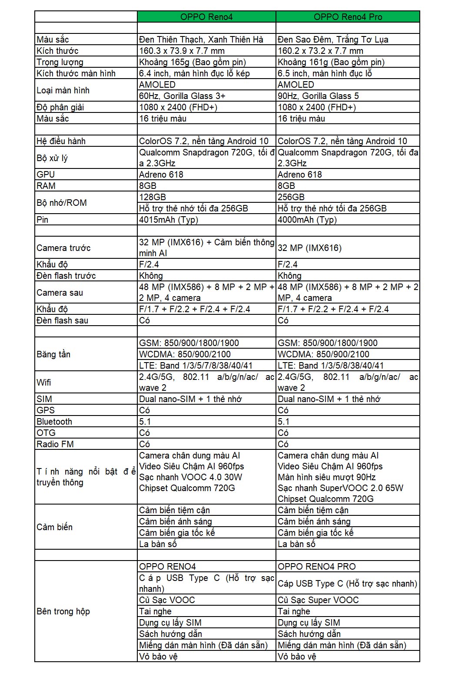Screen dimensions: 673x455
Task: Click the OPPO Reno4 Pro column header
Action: pyautogui.click(x=348, y=17)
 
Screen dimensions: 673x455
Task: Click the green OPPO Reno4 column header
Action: pyautogui.click(x=206, y=17)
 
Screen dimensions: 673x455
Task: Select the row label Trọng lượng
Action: pyautogui.click(x=60, y=62)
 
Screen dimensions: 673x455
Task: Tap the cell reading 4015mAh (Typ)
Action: pyautogui.click(x=169, y=220)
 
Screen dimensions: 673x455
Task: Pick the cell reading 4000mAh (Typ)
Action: pyautogui.click(x=307, y=220)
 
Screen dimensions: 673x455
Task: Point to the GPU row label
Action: pyautogui.click(x=46, y=175)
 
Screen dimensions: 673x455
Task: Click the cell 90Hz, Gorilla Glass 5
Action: pyautogui.click(x=318, y=96)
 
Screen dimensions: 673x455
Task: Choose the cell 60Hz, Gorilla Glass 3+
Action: pyautogui.click(x=182, y=96)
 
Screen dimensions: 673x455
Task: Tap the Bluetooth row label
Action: pyautogui.click(x=54, y=422)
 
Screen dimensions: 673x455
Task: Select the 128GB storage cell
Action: pyautogui.click(x=153, y=197)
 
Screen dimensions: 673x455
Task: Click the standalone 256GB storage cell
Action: pyautogui.click(x=291, y=197)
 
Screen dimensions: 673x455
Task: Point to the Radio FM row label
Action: pyautogui.click(x=55, y=444)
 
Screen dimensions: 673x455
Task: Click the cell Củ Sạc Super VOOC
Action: pyautogui.click(x=318, y=600)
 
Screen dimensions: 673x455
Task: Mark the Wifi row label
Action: pyautogui.click(x=44, y=383)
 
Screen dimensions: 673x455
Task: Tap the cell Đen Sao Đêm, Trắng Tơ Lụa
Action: pyautogui.click(x=333, y=40)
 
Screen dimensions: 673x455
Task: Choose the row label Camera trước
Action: pyautogui.click(x=63, y=248)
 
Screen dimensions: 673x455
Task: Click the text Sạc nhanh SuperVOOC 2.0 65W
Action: pyautogui.click(x=340, y=488)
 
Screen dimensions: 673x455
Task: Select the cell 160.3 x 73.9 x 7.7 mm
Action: pyautogui.click(x=182, y=51)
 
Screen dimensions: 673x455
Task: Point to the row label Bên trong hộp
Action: pyautogui.click(x=63, y=611)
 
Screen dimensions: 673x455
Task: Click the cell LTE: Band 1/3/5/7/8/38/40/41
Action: pyautogui.click(x=196, y=366)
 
